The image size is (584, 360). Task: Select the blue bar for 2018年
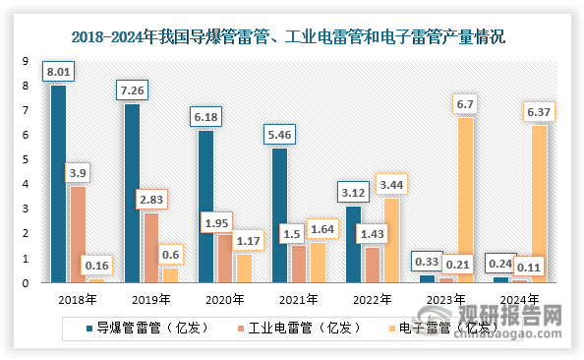[x=59, y=184]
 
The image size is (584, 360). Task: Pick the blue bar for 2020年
[x=205, y=207]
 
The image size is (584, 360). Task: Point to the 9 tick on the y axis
[x=27, y=61]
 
